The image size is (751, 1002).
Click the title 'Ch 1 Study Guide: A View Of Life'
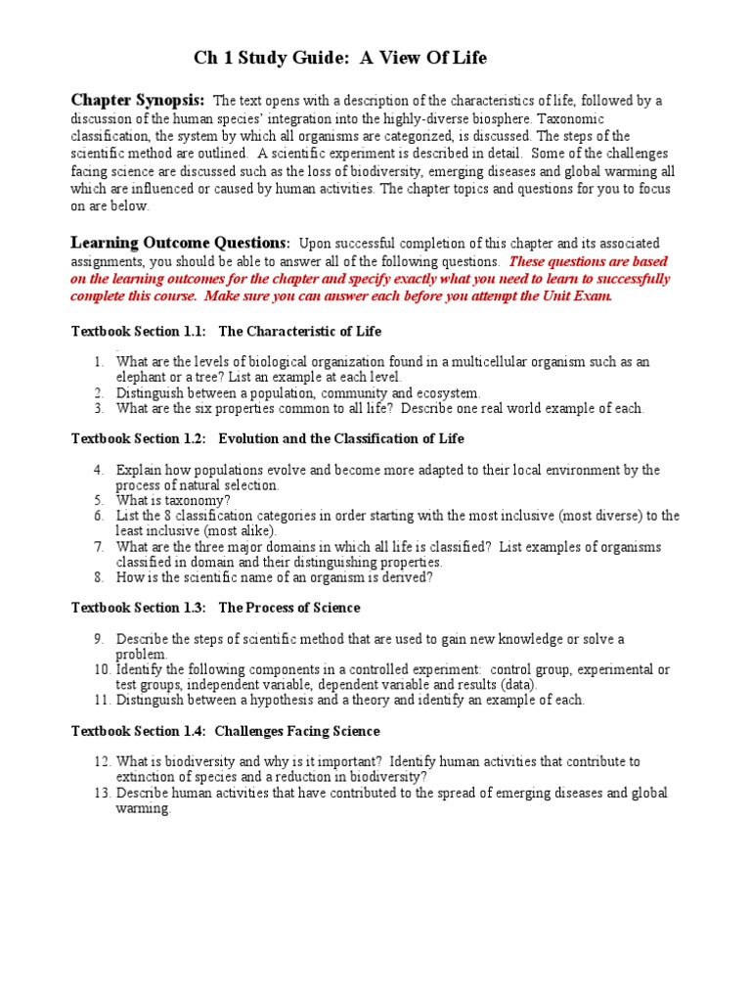(339, 59)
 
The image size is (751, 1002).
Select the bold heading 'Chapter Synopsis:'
(138, 100)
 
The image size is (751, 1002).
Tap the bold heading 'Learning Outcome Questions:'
(180, 242)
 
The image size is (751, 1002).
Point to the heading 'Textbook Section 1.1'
(138, 332)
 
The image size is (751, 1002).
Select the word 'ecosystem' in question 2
(444, 392)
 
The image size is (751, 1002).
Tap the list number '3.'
(100, 408)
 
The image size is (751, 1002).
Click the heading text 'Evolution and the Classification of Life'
(341, 438)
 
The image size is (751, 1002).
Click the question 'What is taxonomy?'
(173, 500)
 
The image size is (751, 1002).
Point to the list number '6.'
(100, 516)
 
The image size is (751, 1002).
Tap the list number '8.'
(100, 577)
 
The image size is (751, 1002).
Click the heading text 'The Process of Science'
(289, 608)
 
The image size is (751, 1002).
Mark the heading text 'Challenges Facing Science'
(297, 731)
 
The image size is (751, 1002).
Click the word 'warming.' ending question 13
(143, 808)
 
